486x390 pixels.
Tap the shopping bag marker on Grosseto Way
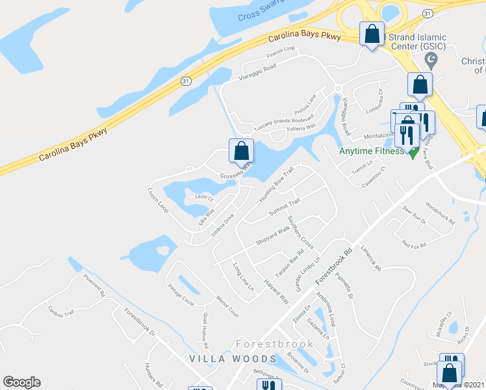(241, 151)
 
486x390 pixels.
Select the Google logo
(21, 382)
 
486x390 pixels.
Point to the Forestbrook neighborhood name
(275, 344)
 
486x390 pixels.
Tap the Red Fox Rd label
(414, 245)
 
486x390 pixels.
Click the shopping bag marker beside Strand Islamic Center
(372, 34)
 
